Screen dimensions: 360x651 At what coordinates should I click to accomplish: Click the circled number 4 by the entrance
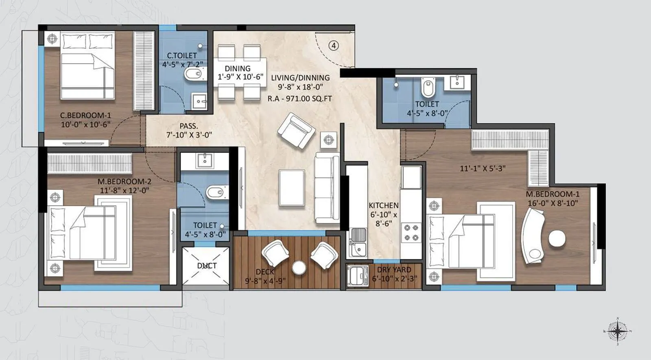pos(334,46)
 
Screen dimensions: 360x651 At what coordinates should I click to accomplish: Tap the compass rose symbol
pos(618,331)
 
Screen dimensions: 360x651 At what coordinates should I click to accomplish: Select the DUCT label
pos(207,266)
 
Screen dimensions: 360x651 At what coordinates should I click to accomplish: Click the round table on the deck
pos(299,268)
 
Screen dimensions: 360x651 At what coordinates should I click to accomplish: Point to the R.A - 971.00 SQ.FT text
pos(299,98)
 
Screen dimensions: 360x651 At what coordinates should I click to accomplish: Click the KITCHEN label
pos(383,205)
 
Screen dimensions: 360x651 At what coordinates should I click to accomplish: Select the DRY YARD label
pos(394,270)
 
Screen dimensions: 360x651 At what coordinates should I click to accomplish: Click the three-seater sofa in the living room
pos(327,188)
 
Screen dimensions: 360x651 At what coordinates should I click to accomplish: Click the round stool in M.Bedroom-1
pos(557,239)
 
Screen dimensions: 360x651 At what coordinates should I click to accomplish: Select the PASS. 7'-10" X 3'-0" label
pos(189,131)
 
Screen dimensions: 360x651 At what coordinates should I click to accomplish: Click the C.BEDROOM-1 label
pos(85,116)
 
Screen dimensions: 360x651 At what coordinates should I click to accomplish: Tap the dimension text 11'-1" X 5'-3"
pos(483,168)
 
